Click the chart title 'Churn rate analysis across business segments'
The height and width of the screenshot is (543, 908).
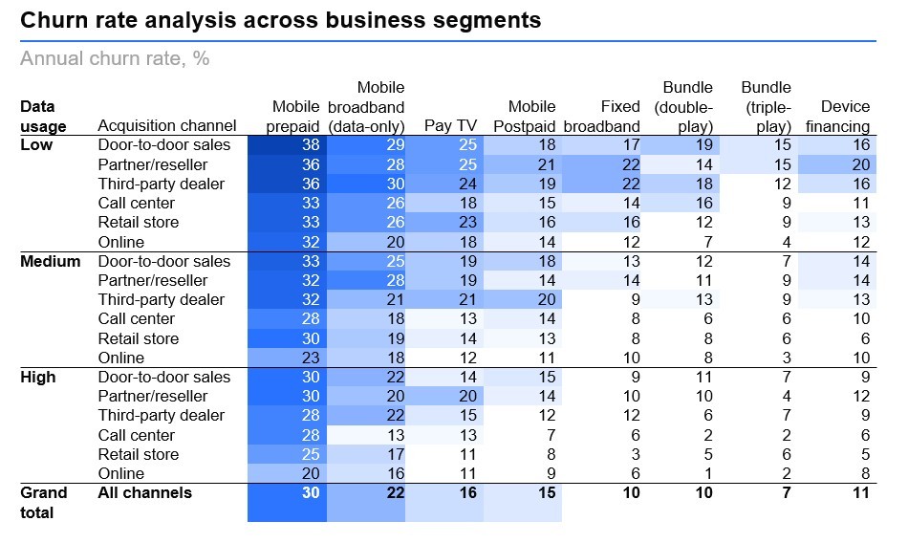(x=281, y=19)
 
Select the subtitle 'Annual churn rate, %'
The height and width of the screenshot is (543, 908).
(x=115, y=58)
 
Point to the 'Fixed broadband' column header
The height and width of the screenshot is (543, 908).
(x=602, y=117)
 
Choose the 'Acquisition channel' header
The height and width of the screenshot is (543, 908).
(x=167, y=126)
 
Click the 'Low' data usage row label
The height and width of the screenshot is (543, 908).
(x=36, y=145)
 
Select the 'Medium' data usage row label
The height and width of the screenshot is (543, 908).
(x=51, y=261)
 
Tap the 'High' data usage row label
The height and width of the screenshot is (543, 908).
(x=38, y=377)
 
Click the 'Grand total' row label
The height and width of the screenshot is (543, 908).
(x=44, y=502)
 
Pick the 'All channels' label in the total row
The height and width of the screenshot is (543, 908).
(x=145, y=493)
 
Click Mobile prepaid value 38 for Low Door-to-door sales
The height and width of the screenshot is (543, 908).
(x=309, y=145)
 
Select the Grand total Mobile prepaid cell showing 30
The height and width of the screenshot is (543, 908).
(x=309, y=493)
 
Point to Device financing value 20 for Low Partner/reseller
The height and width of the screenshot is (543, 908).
(x=859, y=164)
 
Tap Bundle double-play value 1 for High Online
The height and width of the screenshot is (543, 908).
(x=708, y=473)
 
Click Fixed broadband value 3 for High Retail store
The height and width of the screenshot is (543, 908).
(x=635, y=454)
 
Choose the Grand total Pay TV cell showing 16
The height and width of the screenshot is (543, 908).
(x=465, y=493)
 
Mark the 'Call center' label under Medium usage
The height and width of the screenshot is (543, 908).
(x=137, y=319)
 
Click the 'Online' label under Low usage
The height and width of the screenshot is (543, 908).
(x=121, y=242)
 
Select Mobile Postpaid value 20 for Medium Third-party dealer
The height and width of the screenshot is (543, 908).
(x=545, y=299)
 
